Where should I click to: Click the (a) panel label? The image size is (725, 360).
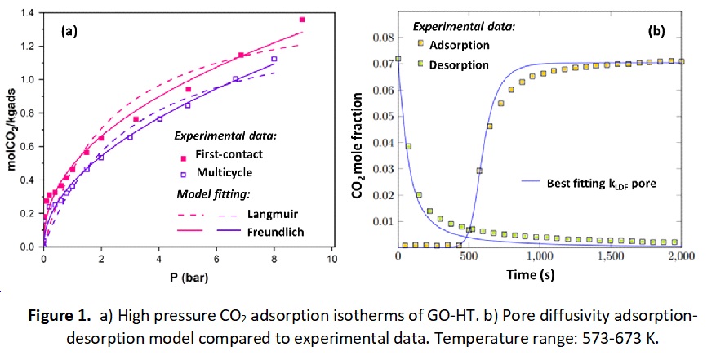click(x=69, y=33)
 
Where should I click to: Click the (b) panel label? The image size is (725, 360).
click(x=656, y=31)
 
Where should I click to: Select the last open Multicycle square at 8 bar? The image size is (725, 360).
click(x=274, y=59)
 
